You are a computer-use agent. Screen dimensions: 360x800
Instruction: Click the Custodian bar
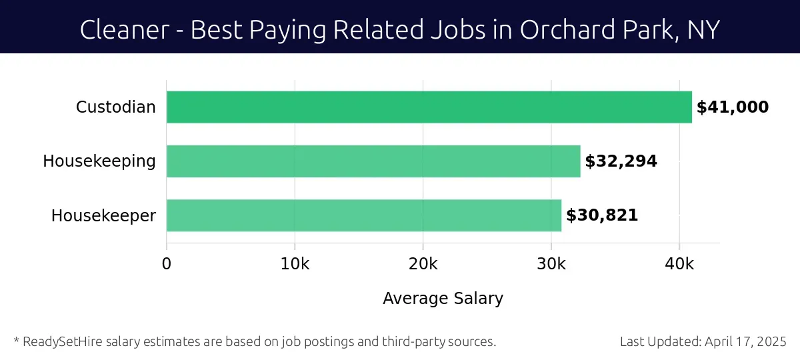tap(429, 107)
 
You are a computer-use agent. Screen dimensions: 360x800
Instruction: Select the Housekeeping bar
tap(373, 161)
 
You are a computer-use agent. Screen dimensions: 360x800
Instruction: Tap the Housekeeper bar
tap(364, 215)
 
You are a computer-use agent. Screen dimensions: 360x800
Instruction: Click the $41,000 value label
tap(732, 107)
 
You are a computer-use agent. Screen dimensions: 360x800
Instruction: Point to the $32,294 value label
tap(621, 161)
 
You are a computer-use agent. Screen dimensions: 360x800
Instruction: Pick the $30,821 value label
tap(602, 215)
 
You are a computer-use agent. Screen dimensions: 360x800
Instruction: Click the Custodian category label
tap(116, 107)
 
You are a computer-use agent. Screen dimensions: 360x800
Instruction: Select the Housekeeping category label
tap(99, 161)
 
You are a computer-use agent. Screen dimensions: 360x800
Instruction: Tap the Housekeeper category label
tap(103, 215)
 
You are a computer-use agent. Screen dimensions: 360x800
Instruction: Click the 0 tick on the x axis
tap(167, 263)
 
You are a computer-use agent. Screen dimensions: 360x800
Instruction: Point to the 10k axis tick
tap(295, 263)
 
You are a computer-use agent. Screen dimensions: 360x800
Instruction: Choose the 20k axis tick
tap(423, 263)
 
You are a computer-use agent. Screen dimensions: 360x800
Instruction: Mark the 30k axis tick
tap(551, 263)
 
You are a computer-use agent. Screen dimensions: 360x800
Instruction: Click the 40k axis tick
tap(679, 263)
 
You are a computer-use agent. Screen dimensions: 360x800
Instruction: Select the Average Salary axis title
tap(443, 298)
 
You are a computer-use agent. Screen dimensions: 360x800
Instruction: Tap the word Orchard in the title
tap(561, 30)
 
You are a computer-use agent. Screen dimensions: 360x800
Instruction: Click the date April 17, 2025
tap(746, 342)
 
